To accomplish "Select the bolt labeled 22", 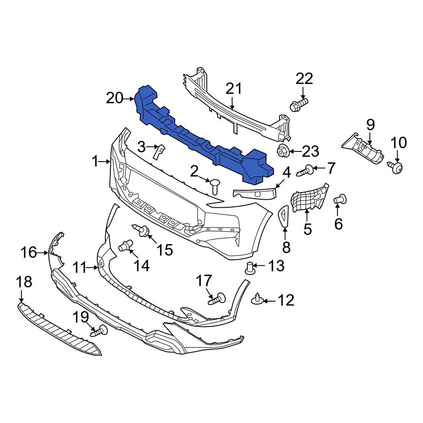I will pos(299,104).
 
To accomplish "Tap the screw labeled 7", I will pos(305,171).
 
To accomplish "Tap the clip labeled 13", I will pos(250,268).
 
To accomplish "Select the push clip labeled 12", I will pos(258,300).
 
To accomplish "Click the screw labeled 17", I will pos(217,299).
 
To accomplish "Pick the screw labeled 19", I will pos(99,331).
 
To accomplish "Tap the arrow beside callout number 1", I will pos(106,161).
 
